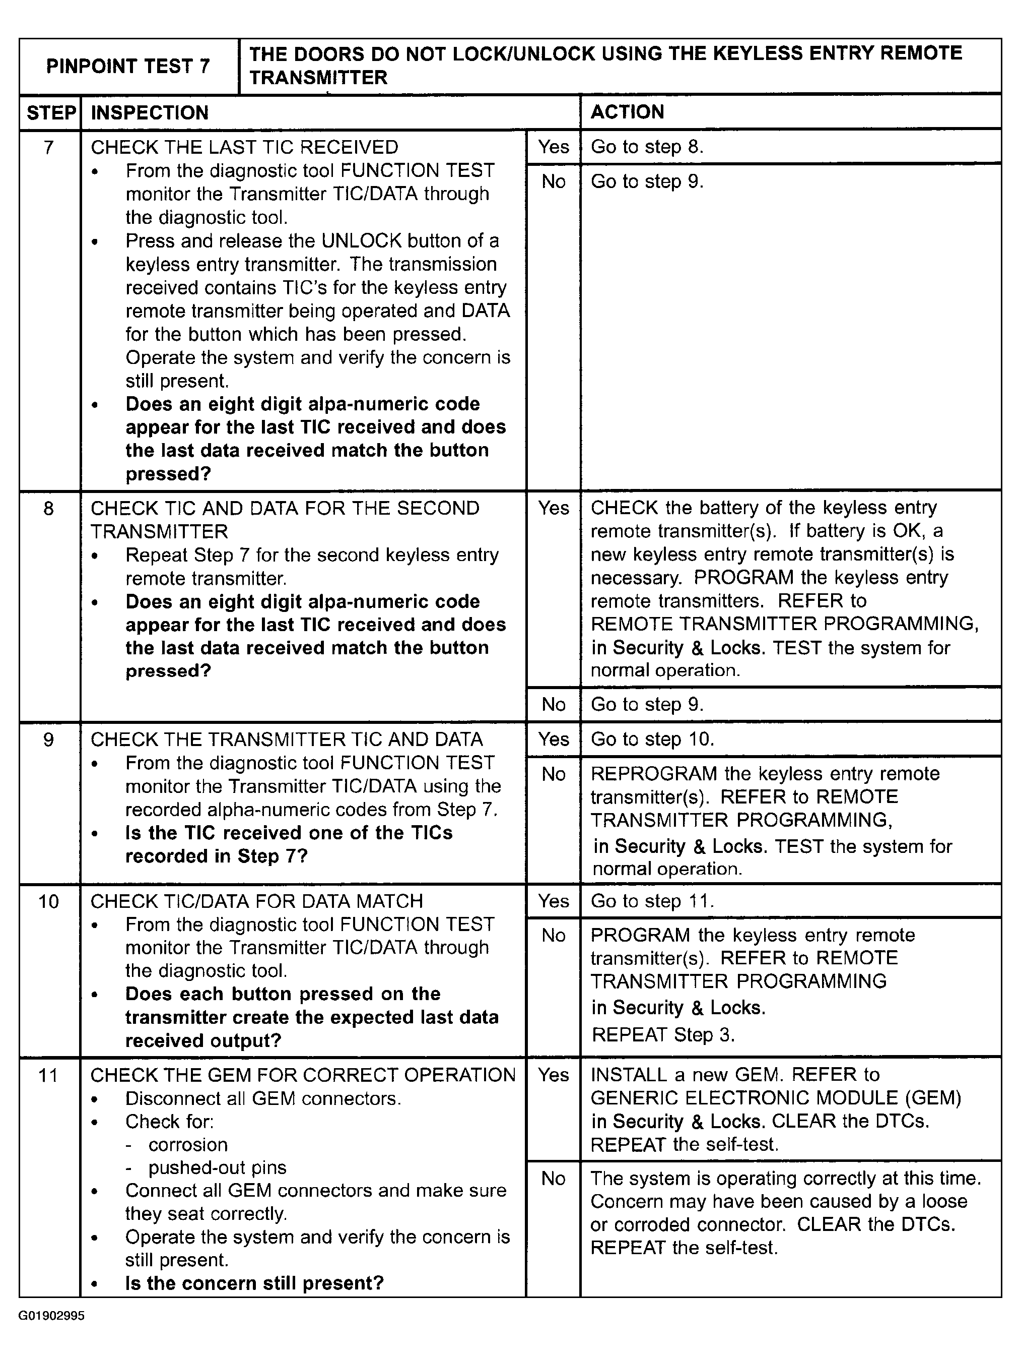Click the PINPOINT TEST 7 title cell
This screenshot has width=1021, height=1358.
[128, 67]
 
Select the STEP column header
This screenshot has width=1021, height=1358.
[50, 113]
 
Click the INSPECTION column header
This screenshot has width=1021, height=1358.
[150, 113]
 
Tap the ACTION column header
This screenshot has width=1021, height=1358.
[627, 112]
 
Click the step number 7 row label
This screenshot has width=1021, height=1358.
[49, 147]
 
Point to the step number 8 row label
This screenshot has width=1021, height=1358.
[49, 508]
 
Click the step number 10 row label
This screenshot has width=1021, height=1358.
[49, 901]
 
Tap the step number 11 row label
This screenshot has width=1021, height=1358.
[49, 1075]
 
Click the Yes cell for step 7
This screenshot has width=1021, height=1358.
[554, 147]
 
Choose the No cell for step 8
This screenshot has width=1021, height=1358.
[554, 704]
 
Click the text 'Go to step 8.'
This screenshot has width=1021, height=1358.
[647, 147]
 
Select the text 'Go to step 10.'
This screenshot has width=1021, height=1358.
[652, 738]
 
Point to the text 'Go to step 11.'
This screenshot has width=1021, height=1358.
[652, 901]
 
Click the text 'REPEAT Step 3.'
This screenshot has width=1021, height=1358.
[663, 1034]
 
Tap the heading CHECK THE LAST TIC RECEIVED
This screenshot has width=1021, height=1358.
[244, 147]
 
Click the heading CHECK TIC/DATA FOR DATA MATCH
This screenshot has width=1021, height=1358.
[256, 901]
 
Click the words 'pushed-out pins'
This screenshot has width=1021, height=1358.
[217, 1167]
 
